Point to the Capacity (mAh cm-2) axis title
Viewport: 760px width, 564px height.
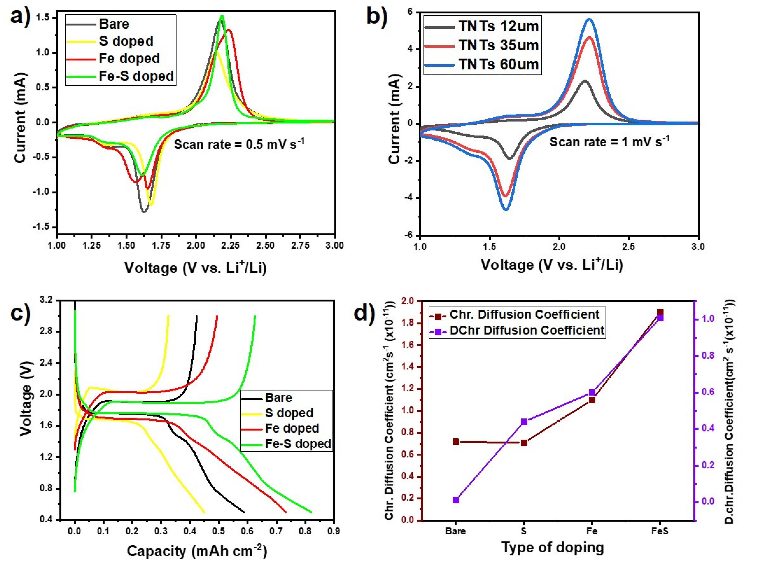pos(197,550)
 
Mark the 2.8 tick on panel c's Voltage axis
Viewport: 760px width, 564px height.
pos(48,332)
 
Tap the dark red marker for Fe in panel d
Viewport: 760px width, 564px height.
pos(592,400)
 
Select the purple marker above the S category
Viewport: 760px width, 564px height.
pos(524,422)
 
